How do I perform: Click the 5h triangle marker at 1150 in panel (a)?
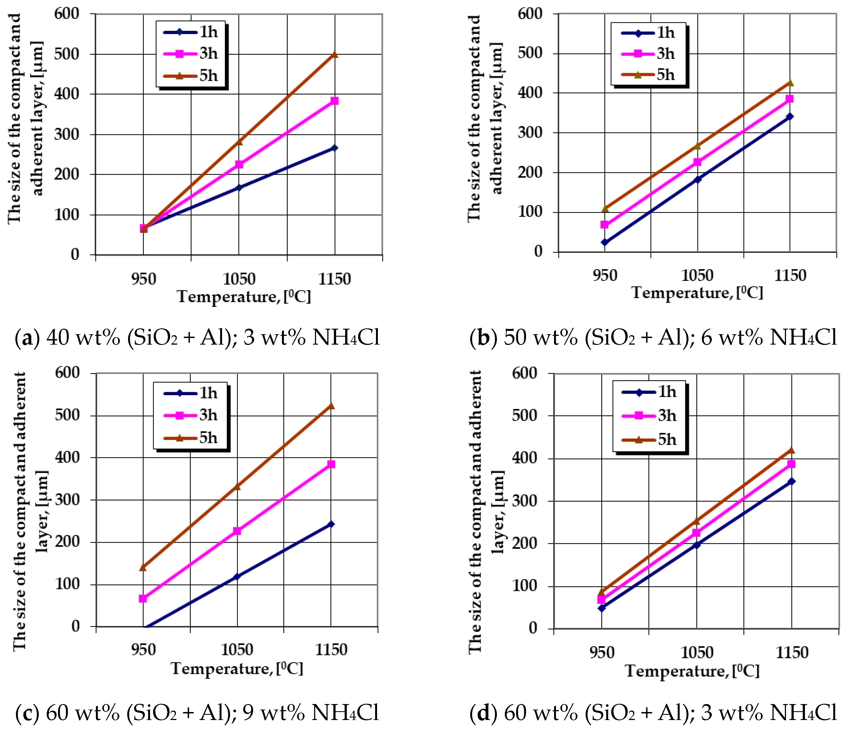(334, 54)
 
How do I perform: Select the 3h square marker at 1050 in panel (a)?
(239, 164)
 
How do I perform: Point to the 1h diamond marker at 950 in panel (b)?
(604, 242)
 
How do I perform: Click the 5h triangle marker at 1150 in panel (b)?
(790, 83)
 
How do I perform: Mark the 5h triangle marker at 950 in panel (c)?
(143, 567)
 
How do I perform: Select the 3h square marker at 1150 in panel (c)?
(331, 464)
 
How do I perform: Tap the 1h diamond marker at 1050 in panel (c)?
(237, 577)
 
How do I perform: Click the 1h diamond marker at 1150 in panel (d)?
(791, 481)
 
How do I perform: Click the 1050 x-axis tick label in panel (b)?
(697, 275)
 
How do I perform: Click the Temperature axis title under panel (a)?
(244, 297)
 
